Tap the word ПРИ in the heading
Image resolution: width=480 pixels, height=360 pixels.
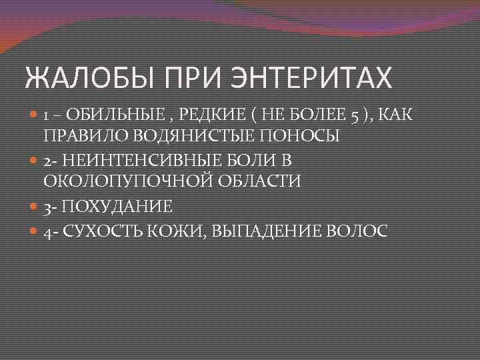[x=192, y=79]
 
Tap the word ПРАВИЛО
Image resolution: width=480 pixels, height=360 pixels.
[x=86, y=135]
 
